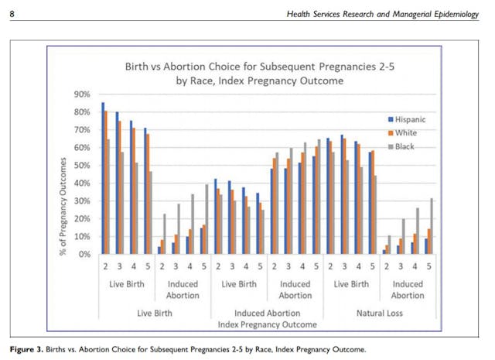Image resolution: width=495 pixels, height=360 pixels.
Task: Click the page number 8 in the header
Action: point(11,15)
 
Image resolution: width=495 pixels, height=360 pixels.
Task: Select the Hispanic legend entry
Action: point(409,120)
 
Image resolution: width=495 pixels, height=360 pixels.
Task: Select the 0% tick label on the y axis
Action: point(83,254)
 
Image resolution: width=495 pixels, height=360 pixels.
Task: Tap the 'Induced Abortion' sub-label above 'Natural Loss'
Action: point(407,290)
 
